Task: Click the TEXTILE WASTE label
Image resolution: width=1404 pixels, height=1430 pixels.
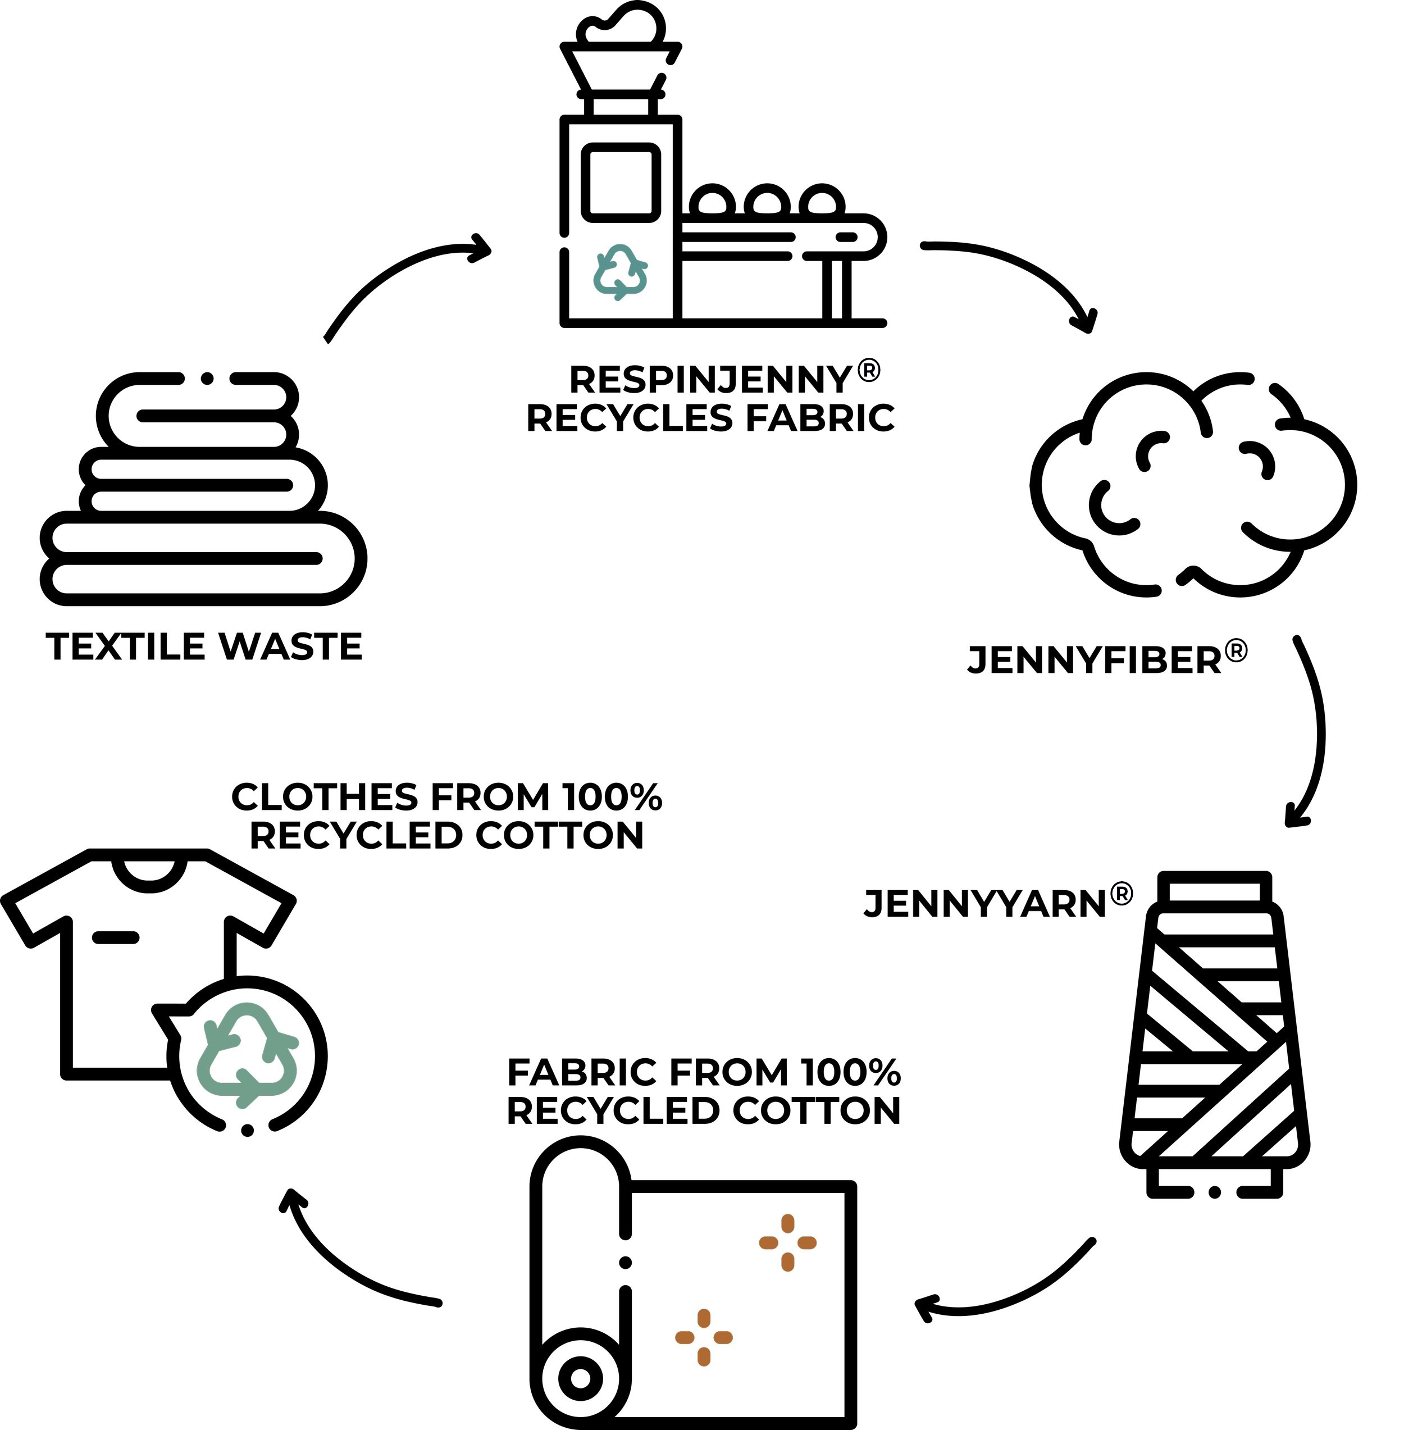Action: point(204,647)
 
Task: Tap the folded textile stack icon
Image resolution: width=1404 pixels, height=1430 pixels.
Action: point(203,490)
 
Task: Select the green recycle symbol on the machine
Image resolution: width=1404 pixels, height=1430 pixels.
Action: point(620,272)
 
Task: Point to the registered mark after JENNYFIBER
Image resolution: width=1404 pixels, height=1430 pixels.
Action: point(1236,651)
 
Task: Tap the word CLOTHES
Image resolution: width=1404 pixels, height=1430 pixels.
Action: point(325,797)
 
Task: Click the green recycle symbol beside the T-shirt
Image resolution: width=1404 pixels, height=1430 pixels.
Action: point(247,1055)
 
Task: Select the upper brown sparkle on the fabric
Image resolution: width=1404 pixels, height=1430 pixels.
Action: point(787,1242)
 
